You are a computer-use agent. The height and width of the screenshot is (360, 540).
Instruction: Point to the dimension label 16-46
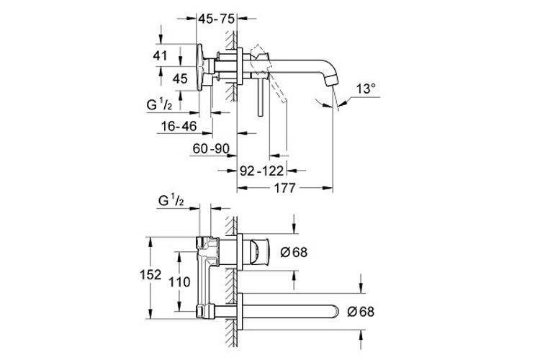[179, 125]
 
